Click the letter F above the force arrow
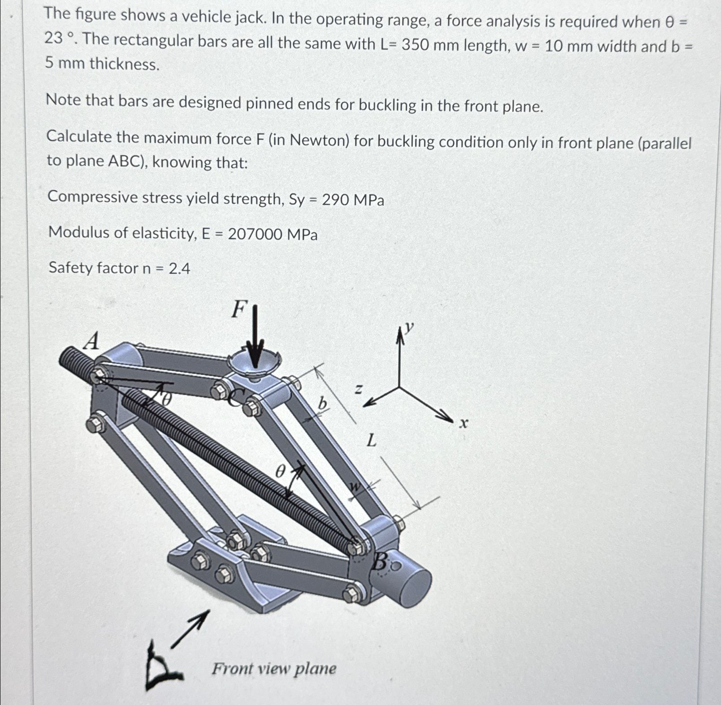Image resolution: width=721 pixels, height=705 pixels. (x=239, y=309)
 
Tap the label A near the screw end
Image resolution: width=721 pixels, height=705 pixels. (x=92, y=342)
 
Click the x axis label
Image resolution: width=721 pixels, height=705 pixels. (x=464, y=423)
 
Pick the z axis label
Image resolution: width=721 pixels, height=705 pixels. (x=358, y=390)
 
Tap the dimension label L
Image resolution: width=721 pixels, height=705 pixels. (x=372, y=441)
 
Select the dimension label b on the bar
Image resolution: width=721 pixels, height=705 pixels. (x=322, y=404)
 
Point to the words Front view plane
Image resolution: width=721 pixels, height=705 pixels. (x=274, y=669)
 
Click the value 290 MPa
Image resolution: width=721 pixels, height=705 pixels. (x=353, y=200)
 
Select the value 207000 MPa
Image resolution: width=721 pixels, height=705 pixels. (x=272, y=234)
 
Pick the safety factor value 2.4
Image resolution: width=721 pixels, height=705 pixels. (x=179, y=268)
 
